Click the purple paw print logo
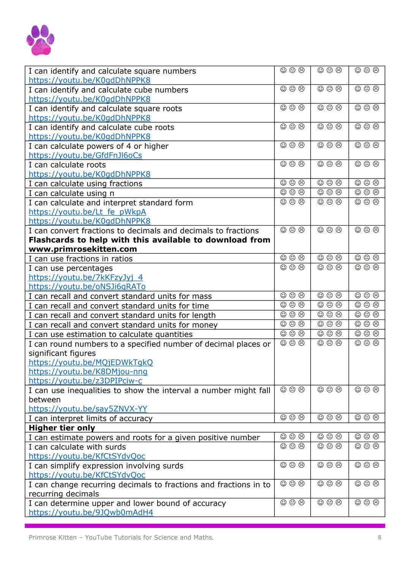[x=40, y=40]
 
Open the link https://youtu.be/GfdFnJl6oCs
[x=85, y=155]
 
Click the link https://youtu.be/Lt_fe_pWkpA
[x=87, y=212]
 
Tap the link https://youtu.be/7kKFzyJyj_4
[x=86, y=277]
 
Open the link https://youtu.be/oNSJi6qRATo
[x=87, y=287]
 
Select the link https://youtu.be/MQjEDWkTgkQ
[x=91, y=362]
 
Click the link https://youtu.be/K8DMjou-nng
[x=88, y=371]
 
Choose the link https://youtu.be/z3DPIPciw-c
[x=85, y=381]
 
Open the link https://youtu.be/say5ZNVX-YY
[x=88, y=409]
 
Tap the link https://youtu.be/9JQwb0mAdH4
[x=91, y=512]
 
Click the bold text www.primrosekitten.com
[x=83, y=249]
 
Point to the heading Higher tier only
[x=62, y=428]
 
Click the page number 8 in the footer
[x=379, y=537]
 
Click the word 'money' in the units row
[x=205, y=325]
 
